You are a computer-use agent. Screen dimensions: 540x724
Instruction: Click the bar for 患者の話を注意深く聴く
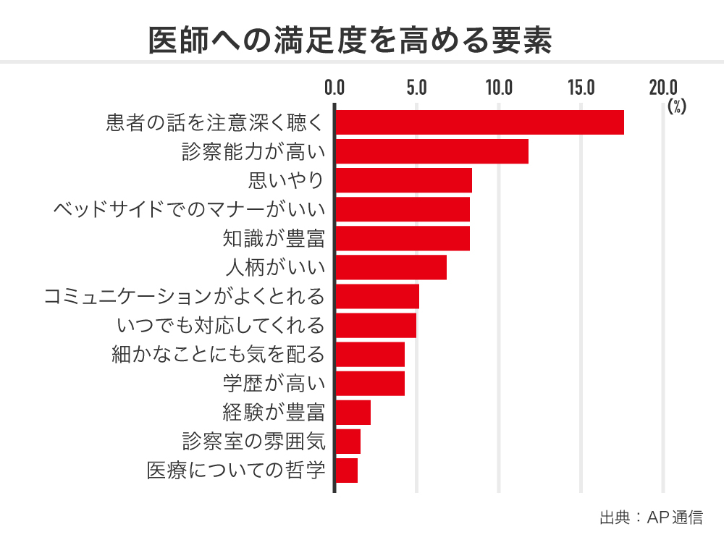479,122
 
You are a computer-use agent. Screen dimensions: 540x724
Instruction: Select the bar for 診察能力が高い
432,151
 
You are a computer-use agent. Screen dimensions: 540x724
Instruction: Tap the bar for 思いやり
403,180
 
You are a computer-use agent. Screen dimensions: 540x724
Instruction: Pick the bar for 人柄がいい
391,267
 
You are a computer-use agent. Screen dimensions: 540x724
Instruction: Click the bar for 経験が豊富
353,412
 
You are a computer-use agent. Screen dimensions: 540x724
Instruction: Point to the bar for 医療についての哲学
347,470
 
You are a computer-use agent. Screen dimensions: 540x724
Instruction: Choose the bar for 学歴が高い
370,383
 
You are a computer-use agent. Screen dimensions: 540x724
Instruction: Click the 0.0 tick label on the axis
334,88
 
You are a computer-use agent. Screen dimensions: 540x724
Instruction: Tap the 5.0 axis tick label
417,88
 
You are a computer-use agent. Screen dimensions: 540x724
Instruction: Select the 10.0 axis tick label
499,88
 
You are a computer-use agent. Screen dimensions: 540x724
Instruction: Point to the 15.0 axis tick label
581,88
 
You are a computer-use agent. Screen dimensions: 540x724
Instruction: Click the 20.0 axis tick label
663,88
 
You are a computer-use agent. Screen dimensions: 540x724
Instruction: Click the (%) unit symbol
677,106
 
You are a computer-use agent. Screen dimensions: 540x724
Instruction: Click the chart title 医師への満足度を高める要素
350,41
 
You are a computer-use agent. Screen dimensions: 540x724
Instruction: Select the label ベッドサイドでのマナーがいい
189,210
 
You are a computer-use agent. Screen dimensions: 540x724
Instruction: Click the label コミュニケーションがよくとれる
184,297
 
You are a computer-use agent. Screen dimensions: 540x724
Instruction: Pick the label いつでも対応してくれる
220,326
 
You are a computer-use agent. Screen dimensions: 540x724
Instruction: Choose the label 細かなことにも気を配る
218,355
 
